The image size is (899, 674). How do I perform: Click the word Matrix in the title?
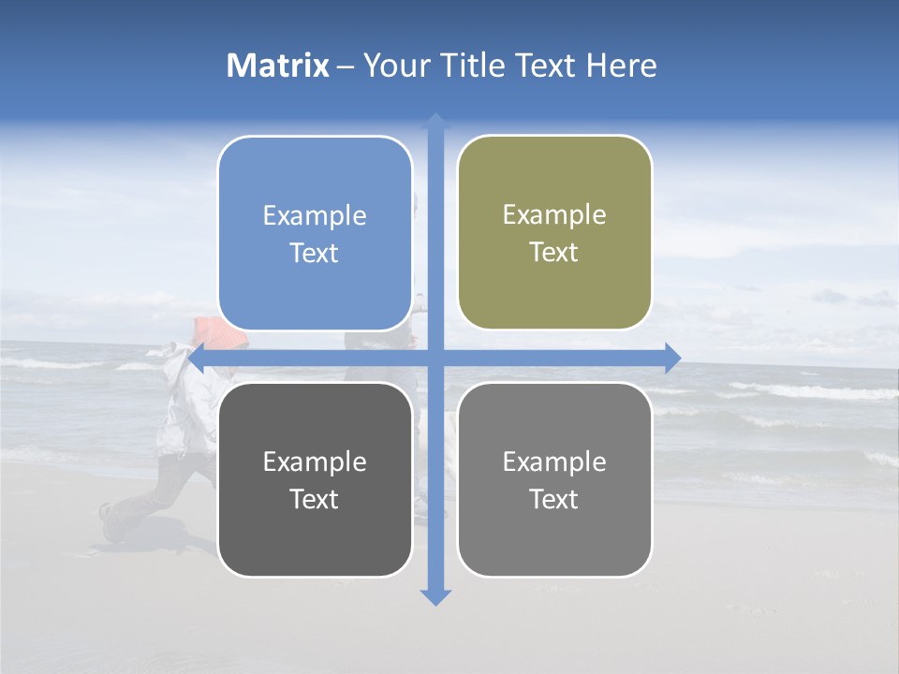pyautogui.click(x=277, y=66)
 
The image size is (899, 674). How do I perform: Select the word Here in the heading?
pyautogui.click(x=621, y=66)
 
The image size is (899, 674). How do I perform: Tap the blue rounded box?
pyautogui.click(x=315, y=233)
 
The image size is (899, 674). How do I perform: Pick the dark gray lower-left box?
pyautogui.click(x=315, y=479)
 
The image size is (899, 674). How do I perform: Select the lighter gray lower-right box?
pyautogui.click(x=554, y=479)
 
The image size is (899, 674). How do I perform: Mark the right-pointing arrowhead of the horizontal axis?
pyautogui.click(x=672, y=358)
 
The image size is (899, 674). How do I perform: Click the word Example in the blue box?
pyautogui.click(x=315, y=216)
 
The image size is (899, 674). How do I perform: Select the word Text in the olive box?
pyautogui.click(x=553, y=253)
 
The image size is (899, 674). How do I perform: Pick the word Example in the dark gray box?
pyautogui.click(x=315, y=462)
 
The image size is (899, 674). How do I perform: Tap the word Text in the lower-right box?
pyautogui.click(x=553, y=500)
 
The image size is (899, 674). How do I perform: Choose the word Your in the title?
pyautogui.click(x=397, y=66)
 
